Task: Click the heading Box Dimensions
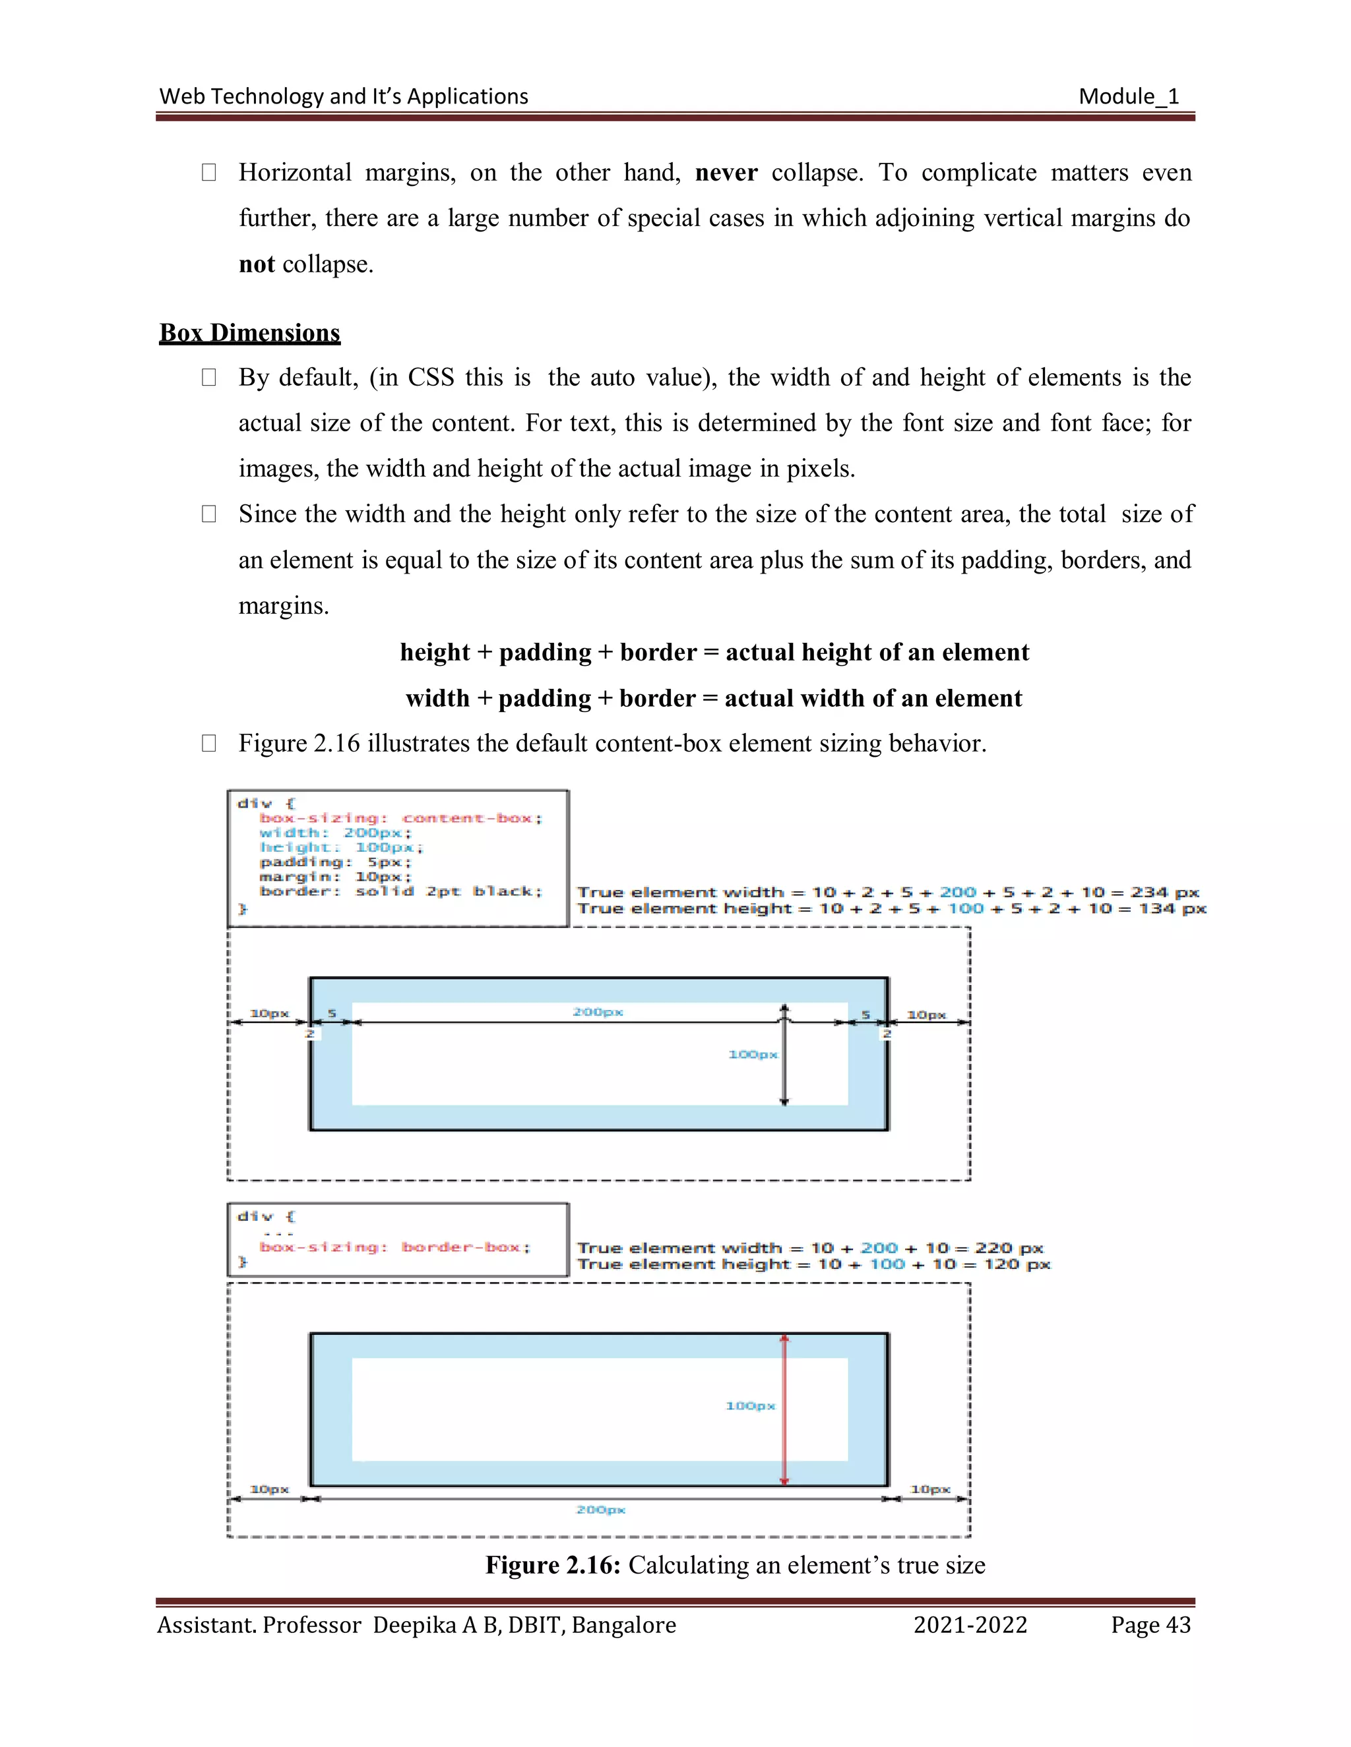(250, 333)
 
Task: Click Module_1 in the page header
(1129, 97)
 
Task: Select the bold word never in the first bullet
(726, 173)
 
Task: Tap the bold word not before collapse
(257, 264)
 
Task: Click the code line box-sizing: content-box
(401, 817)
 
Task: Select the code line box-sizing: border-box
(394, 1247)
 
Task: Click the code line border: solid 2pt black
(401, 891)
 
